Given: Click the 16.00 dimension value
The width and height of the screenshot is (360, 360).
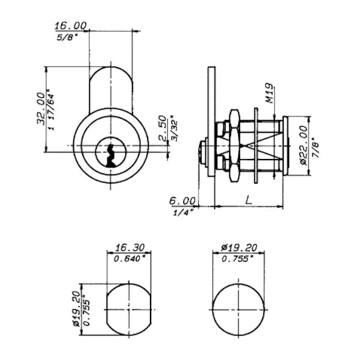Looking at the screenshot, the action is tap(71, 25).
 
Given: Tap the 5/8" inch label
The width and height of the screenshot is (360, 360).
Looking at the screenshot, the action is tap(66, 37).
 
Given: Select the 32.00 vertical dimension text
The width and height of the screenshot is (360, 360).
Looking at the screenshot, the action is tap(41, 109).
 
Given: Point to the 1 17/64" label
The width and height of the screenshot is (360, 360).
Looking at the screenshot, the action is tap(52, 110).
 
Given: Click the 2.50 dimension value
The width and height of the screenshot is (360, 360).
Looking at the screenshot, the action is tap(163, 128).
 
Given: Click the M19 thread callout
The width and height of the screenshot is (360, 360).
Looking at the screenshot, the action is tap(269, 93).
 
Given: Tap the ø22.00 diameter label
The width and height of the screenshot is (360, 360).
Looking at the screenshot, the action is tap(303, 145).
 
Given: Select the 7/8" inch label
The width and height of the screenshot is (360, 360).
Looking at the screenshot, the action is tap(316, 148).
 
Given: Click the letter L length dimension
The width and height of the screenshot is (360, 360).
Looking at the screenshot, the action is tap(248, 200).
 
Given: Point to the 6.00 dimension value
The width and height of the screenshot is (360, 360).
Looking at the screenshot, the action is tap(182, 201).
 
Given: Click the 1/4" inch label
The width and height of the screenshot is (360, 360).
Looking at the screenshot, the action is tap(184, 212).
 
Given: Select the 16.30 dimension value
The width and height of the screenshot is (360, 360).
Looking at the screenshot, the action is tap(130, 248).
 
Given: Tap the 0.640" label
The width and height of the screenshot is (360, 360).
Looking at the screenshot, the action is tap(130, 259).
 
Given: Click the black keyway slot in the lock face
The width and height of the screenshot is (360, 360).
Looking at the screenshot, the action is tap(110, 155).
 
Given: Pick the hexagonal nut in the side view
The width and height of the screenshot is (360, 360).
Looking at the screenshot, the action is tap(235, 146).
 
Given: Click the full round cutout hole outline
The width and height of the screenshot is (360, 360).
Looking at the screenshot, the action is tap(239, 310).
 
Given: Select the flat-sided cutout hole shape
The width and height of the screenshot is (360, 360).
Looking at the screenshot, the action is tap(129, 310).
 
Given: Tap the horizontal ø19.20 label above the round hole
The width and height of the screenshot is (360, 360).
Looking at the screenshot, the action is tap(239, 248).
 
